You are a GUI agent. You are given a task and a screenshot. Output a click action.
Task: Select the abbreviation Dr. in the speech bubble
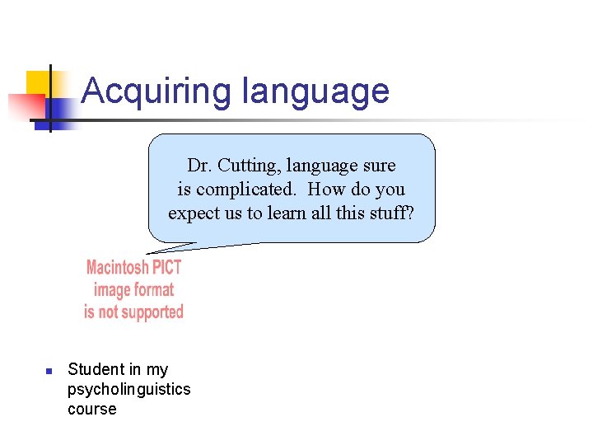200,166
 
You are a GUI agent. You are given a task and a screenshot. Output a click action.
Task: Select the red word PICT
166,268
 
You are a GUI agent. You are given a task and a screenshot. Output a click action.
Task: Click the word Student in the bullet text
94,369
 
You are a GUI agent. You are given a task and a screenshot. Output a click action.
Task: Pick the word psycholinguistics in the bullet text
128,389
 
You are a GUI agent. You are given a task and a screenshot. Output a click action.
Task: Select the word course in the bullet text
92,409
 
